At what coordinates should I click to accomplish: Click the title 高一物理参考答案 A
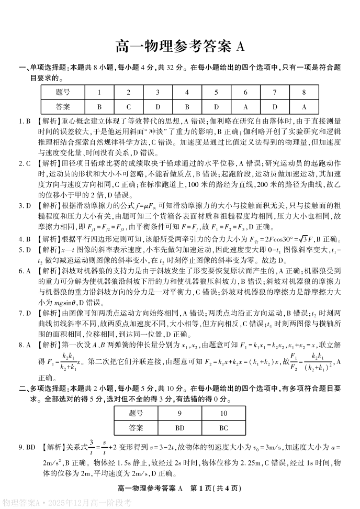coord(179,47)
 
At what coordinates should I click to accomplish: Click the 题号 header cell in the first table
coord(63,92)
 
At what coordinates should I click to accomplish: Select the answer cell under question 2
coord(128,105)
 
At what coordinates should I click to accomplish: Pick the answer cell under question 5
coord(216,105)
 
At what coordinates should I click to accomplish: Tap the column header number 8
coord(303,92)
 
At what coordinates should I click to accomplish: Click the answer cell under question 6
coord(245,105)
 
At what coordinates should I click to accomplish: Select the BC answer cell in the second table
coord(223,428)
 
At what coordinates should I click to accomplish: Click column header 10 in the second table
coord(223,414)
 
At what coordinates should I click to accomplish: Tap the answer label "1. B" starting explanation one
coord(25,121)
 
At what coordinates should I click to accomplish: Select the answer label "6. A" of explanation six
coord(25,271)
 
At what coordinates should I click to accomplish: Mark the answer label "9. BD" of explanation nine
coord(27,447)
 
